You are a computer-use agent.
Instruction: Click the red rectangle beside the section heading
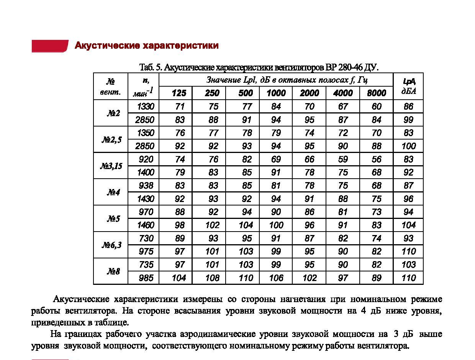click(x=50, y=46)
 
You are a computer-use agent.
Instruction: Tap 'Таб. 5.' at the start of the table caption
click(x=151, y=68)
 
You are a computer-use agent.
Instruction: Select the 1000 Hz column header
click(x=276, y=93)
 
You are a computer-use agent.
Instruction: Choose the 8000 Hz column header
click(x=377, y=93)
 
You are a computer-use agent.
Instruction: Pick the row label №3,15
click(x=111, y=166)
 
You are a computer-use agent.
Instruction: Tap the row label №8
click(x=113, y=271)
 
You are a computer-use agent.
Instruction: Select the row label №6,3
click(x=111, y=245)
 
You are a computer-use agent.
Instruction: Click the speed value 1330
click(x=146, y=107)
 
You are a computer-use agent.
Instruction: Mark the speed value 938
click(x=146, y=186)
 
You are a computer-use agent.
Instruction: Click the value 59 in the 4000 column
click(x=343, y=159)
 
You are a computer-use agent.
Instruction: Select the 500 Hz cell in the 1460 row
click(x=246, y=225)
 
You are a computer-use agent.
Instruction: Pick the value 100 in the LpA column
click(x=408, y=146)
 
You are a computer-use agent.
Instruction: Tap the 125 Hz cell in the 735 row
click(x=179, y=265)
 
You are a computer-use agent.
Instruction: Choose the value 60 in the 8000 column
click(x=377, y=107)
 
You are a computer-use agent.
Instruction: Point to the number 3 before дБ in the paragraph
click(x=396, y=334)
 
